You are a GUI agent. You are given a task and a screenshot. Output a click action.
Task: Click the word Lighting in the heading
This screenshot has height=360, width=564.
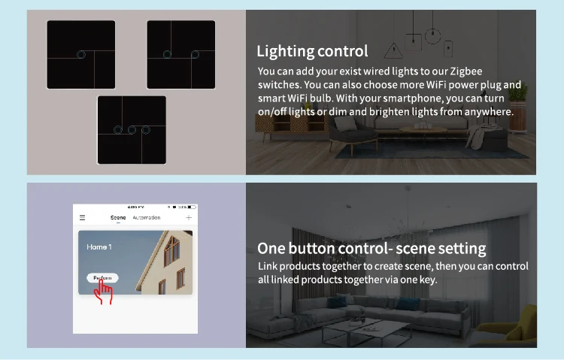coord(284,51)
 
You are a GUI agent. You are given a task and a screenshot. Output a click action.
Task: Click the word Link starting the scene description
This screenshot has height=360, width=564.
coord(268,267)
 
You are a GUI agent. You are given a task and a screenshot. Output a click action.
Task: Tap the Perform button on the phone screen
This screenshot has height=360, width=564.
coord(102,278)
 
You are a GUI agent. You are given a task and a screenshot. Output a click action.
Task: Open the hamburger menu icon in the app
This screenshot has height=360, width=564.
coord(83,218)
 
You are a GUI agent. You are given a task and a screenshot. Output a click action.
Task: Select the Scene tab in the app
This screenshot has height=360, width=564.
coord(118,218)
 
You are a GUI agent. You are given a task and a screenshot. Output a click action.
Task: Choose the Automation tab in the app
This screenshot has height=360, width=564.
coord(147,218)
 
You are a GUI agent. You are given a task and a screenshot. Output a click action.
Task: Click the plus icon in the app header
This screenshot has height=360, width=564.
coord(188,218)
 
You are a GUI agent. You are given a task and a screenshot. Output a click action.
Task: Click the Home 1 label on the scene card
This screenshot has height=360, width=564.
coord(99,247)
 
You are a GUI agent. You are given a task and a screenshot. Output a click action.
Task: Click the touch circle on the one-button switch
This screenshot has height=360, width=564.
coord(81,54)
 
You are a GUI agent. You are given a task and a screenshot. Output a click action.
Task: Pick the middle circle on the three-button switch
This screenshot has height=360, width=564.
coord(131,130)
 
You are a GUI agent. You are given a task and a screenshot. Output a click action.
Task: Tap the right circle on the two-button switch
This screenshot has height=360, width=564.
coord(196,54)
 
